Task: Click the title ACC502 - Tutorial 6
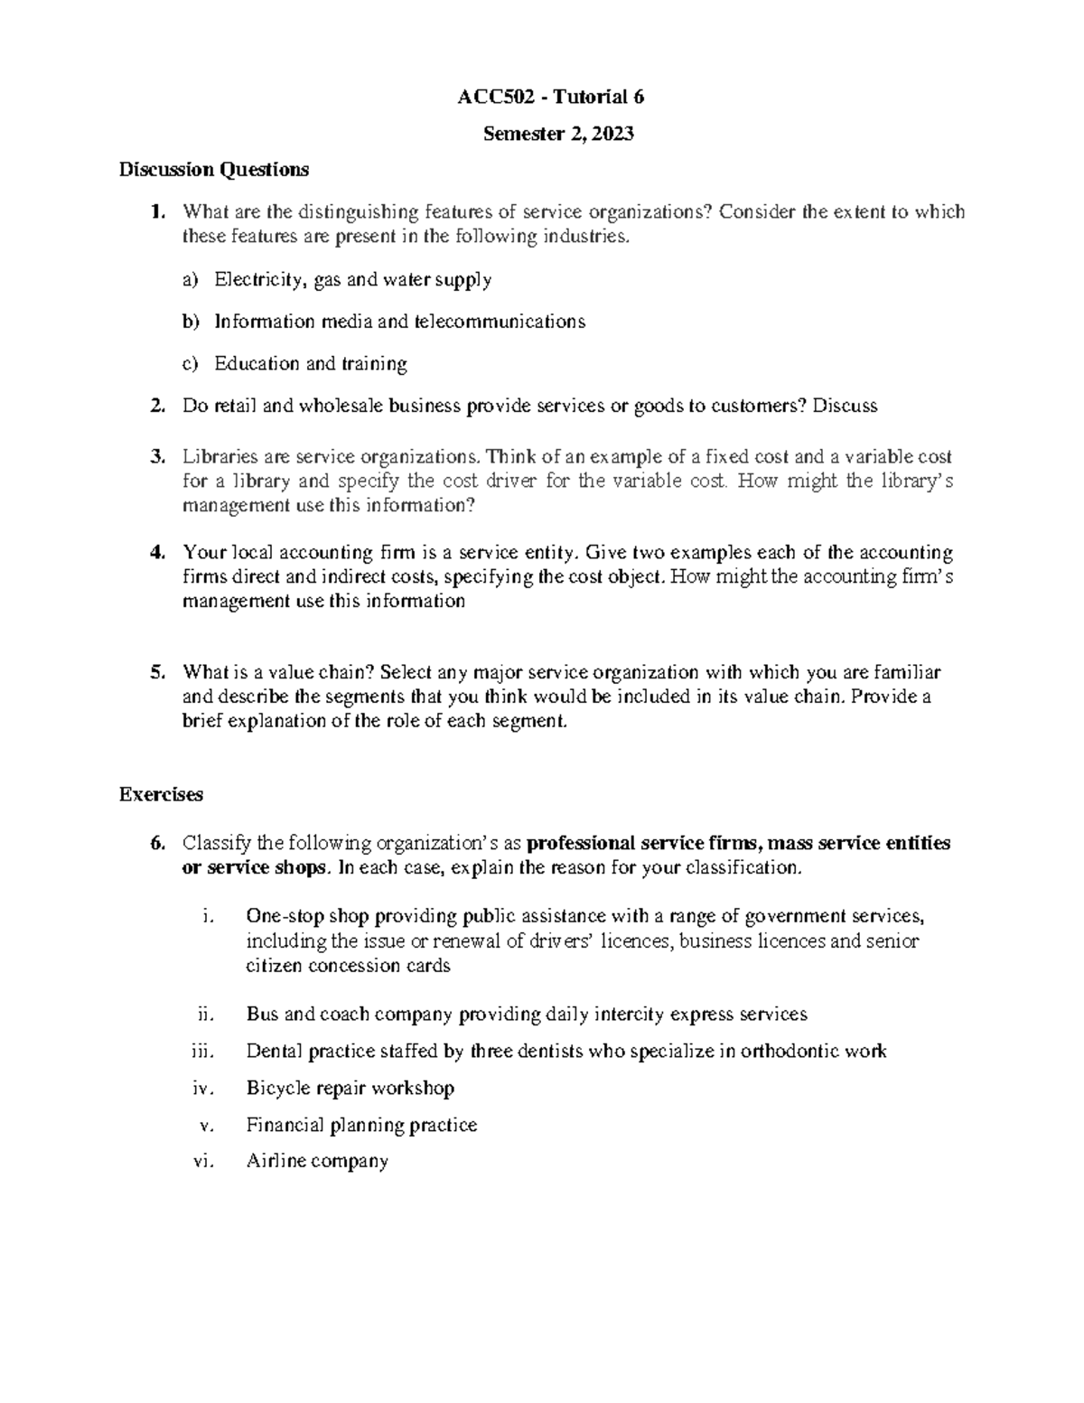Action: (x=551, y=98)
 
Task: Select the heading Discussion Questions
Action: (x=214, y=169)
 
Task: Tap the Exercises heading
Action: (x=161, y=794)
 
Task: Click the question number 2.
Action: (x=157, y=407)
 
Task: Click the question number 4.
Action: (x=157, y=552)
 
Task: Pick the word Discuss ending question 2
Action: (x=845, y=407)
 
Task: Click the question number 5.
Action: (x=157, y=672)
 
